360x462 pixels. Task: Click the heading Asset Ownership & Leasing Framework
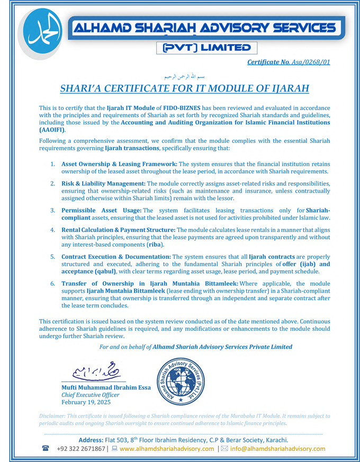click(x=119, y=164)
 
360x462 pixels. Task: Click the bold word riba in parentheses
click(x=154, y=244)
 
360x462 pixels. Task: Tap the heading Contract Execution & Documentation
click(x=116, y=257)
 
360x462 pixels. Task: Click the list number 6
click(x=53, y=284)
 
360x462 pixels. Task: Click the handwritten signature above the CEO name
click(x=94, y=370)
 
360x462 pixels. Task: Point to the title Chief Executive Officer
click(x=91, y=395)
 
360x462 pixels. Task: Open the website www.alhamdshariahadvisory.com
click(x=167, y=449)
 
